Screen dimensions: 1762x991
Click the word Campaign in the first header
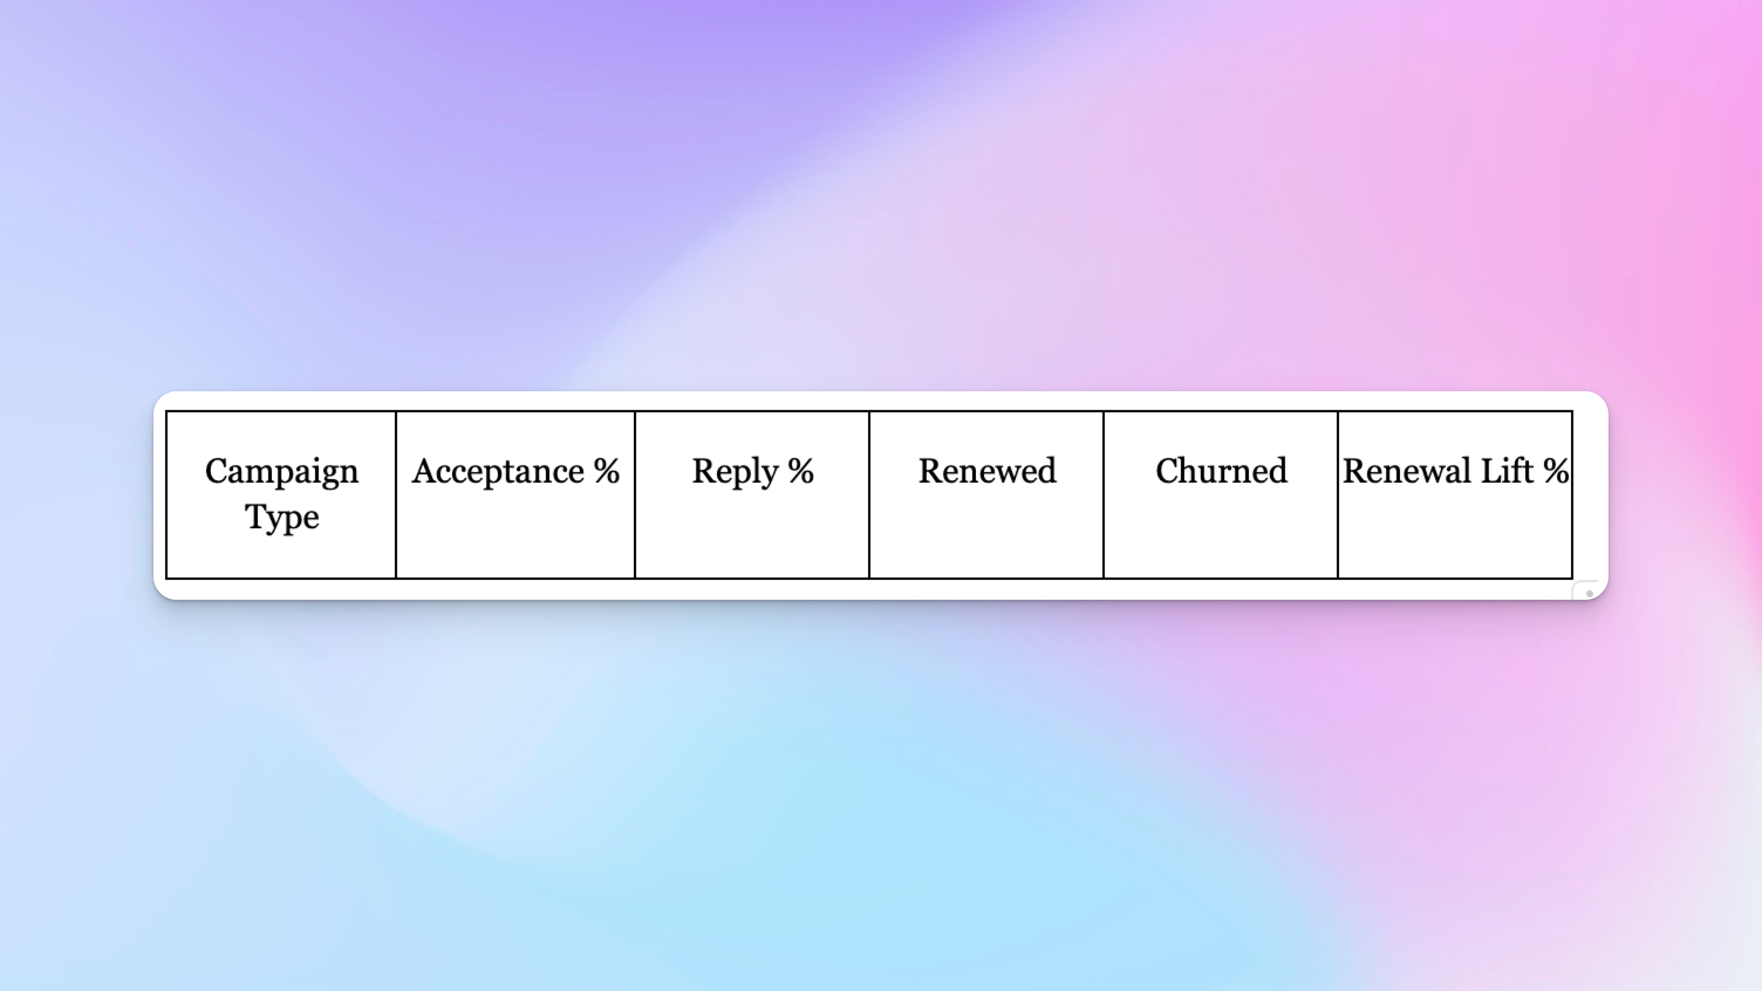pyautogui.click(x=281, y=471)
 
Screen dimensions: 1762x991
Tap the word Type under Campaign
pyautogui.click(x=282, y=517)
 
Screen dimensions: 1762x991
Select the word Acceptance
pyautogui.click(x=498, y=471)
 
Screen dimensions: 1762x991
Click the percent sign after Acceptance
pyautogui.click(x=606, y=471)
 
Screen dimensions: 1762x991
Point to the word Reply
pyautogui.click(x=735, y=471)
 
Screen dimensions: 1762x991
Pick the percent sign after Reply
pyautogui.click(x=800, y=471)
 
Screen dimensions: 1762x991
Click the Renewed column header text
pyautogui.click(x=987, y=471)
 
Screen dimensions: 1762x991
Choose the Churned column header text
pyautogui.click(x=1221, y=471)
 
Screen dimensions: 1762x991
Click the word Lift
pyautogui.click(x=1507, y=471)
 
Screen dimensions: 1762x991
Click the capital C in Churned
pyautogui.click(x=1169, y=471)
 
